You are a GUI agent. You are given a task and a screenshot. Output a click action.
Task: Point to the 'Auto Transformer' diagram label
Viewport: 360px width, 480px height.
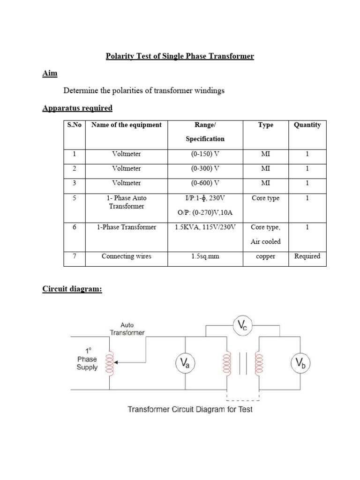127,329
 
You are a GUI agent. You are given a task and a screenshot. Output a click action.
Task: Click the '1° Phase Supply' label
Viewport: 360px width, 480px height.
88,359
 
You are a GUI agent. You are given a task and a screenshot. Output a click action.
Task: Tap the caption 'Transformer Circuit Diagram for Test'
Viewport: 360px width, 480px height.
190,409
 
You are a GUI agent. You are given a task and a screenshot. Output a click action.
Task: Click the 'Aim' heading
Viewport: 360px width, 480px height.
50,73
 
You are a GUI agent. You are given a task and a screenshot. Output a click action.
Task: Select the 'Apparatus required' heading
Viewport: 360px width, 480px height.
77,108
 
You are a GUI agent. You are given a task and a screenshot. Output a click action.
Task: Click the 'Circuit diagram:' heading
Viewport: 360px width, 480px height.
72,289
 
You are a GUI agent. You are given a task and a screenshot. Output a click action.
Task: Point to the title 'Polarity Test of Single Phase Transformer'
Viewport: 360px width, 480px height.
180,56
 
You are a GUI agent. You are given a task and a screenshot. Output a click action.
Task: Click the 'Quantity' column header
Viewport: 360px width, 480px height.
307,125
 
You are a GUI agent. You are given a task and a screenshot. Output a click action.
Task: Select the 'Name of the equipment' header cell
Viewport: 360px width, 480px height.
127,125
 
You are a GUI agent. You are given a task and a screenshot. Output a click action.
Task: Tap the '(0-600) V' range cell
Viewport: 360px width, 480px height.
205,183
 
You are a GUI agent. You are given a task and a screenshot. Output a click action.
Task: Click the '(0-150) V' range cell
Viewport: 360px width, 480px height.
205,154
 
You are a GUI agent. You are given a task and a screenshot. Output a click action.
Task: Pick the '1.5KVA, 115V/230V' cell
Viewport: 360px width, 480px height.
205,227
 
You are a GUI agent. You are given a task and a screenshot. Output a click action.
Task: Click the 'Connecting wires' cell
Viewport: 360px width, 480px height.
127,256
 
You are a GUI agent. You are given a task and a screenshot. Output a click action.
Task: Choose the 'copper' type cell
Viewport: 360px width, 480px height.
265,256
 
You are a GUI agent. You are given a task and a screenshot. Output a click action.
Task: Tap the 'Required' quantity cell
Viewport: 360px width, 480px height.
307,256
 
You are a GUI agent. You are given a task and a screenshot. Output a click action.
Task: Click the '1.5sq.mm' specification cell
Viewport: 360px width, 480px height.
205,256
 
